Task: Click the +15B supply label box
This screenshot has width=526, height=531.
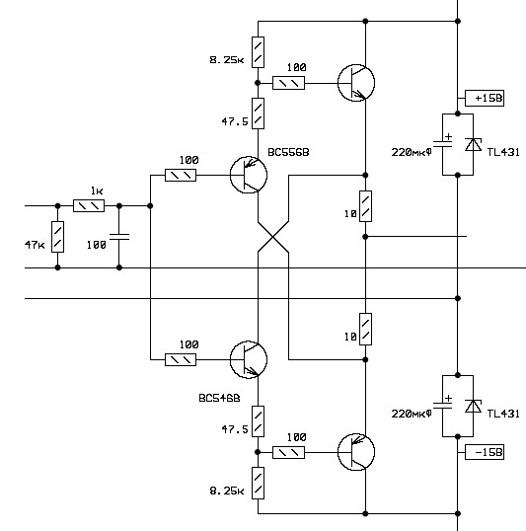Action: point(485,99)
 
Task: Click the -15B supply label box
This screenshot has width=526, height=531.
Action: point(485,452)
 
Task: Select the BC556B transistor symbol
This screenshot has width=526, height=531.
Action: point(249,175)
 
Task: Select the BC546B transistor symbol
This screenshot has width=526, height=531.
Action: point(249,359)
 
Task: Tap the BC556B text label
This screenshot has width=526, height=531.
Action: point(288,152)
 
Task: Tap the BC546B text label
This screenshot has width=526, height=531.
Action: point(219,398)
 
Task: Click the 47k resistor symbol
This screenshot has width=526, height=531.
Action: point(57,237)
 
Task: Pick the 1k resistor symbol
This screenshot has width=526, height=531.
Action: point(89,206)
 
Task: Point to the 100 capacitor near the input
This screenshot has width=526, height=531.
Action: point(119,236)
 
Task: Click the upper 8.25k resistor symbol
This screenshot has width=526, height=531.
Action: point(258,52)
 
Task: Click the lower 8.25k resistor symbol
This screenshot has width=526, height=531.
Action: point(258,483)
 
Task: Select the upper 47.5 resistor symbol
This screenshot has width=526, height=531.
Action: point(258,114)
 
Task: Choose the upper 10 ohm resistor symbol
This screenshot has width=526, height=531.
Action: point(365,206)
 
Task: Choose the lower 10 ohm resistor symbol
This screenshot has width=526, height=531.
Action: point(365,330)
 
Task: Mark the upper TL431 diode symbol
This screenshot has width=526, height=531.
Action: point(473,145)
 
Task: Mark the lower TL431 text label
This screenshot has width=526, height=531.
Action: point(503,414)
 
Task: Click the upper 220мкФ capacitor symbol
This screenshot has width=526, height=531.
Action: point(443,144)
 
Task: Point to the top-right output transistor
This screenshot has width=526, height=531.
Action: point(356,83)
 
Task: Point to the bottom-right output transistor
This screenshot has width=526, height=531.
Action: point(356,452)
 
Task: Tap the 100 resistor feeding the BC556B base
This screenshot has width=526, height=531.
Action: point(181,175)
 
